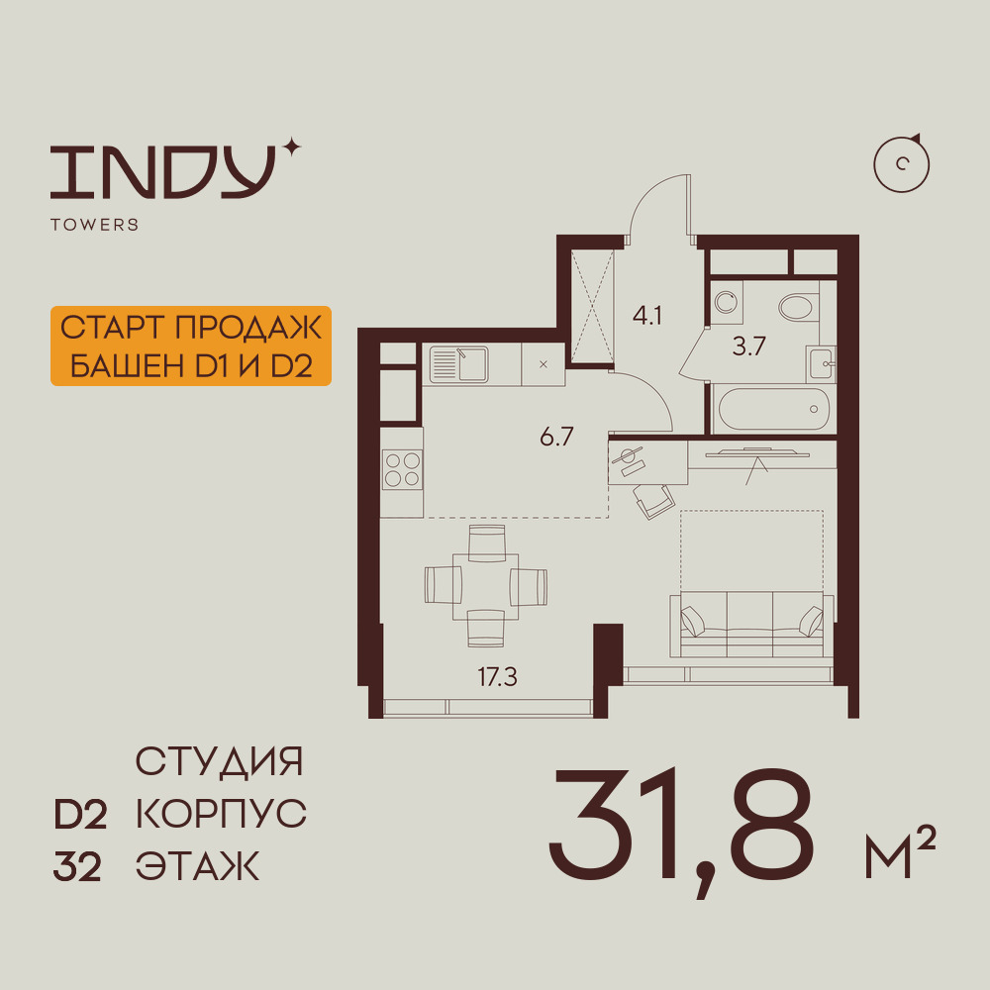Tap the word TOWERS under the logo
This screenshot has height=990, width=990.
(95, 225)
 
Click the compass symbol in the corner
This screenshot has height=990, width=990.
(902, 163)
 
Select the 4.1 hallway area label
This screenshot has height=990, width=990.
(647, 315)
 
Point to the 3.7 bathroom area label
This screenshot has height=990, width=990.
(748, 346)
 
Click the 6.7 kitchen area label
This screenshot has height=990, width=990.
(556, 437)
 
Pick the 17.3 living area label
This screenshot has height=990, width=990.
(498, 677)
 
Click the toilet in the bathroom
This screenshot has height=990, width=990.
(798, 308)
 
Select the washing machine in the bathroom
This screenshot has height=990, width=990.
(727, 302)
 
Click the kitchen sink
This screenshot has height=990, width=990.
(459, 364)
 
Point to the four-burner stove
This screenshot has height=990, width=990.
(402, 469)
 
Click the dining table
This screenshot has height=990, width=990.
(485, 587)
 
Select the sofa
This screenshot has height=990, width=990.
(751, 625)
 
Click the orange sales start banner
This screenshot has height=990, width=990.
(191, 346)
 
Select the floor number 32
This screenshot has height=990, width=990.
(77, 867)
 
